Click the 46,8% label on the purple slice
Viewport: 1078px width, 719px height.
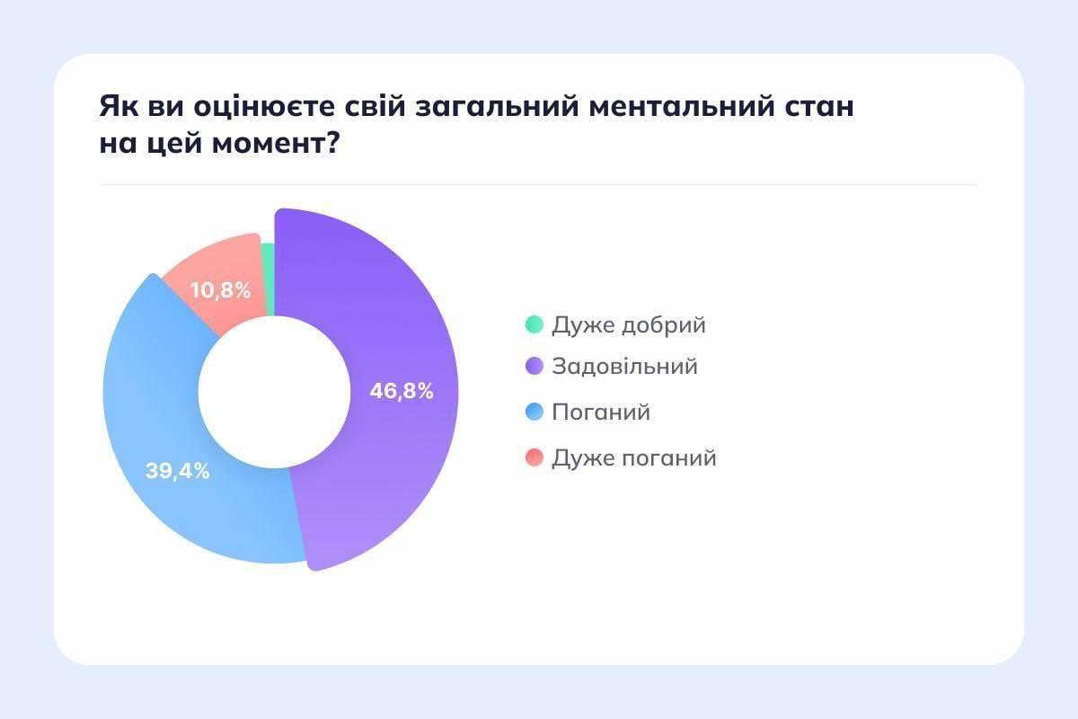pyautogui.click(x=402, y=391)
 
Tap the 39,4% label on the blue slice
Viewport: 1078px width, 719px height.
pyautogui.click(x=178, y=471)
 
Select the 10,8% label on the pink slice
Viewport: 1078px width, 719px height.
pyautogui.click(x=220, y=290)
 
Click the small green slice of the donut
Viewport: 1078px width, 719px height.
pyautogui.click(x=269, y=280)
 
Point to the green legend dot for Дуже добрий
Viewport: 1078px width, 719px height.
pyautogui.click(x=535, y=324)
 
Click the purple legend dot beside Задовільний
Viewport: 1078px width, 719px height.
pyautogui.click(x=535, y=366)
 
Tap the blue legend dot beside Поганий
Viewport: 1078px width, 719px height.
pyautogui.click(x=535, y=412)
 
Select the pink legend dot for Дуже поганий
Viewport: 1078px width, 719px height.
pyautogui.click(x=535, y=457)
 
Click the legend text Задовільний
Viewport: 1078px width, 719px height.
pyautogui.click(x=624, y=366)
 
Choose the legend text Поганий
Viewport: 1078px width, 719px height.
pyautogui.click(x=601, y=412)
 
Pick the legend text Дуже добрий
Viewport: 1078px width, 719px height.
pyautogui.click(x=629, y=325)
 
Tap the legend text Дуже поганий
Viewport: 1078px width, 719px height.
pyautogui.click(x=634, y=457)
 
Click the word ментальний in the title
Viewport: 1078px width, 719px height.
pyautogui.click(x=682, y=106)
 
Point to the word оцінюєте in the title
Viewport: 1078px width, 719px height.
pyautogui.click(x=264, y=106)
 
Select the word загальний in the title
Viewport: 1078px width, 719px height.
pyautogui.click(x=497, y=106)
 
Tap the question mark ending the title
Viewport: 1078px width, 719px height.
pyautogui.click(x=332, y=143)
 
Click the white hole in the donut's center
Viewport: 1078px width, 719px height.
pyautogui.click(x=274, y=392)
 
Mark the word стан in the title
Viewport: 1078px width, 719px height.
pyautogui.click(x=819, y=107)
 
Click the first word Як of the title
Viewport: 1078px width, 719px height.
pyautogui.click(x=119, y=106)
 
